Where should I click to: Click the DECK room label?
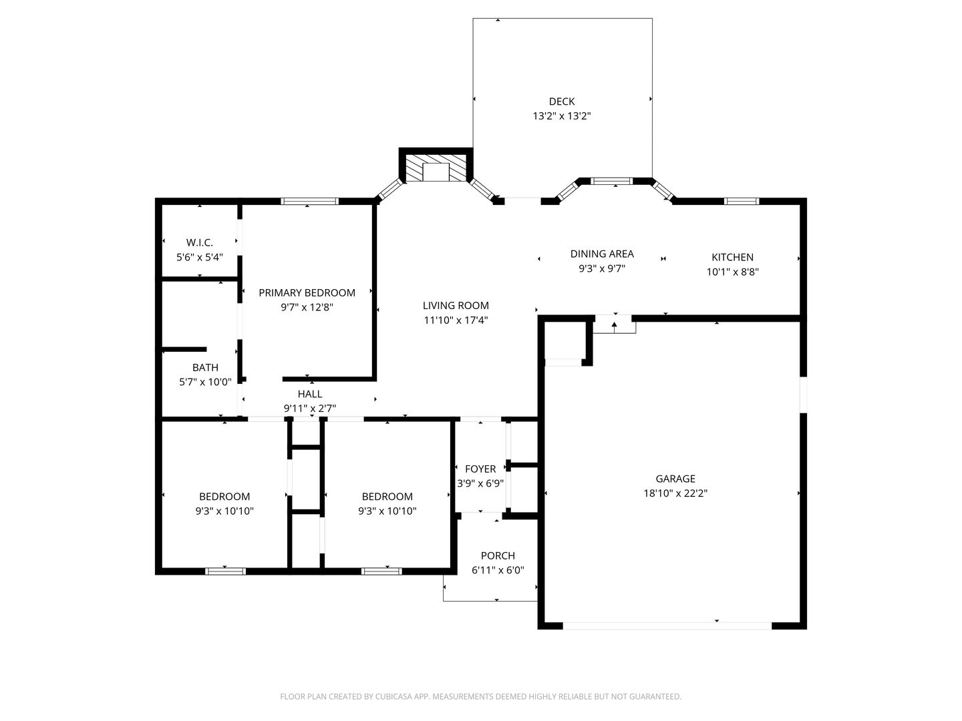561,101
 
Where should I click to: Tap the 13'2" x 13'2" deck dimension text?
561,116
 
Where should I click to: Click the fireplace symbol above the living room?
436,167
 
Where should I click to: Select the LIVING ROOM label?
456,306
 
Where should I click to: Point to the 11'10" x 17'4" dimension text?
456,320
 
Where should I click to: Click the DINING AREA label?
602,254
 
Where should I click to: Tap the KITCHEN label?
732,258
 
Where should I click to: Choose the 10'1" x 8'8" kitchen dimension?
732,272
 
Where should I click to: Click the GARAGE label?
675,479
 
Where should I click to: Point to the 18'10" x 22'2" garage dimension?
675,493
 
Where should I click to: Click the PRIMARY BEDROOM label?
307,293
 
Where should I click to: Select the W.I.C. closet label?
199,242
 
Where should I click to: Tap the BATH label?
205,368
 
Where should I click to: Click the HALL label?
310,394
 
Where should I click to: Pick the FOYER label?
480,469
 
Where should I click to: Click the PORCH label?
498,556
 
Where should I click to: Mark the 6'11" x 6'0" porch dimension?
498,570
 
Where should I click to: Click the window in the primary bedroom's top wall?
309,202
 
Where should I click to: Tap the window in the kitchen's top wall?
742,202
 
